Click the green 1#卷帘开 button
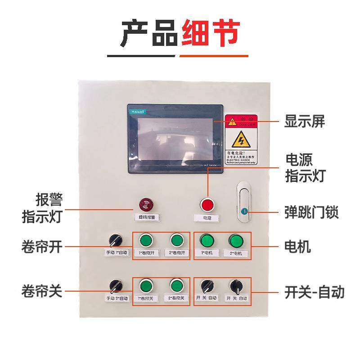click(x=145, y=239)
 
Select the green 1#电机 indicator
click(x=207, y=239)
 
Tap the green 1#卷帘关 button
click(x=145, y=285)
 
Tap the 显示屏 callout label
click(x=304, y=121)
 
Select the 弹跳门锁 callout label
click(x=311, y=211)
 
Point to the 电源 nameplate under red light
click(x=207, y=218)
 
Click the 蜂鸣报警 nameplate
click(x=145, y=217)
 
